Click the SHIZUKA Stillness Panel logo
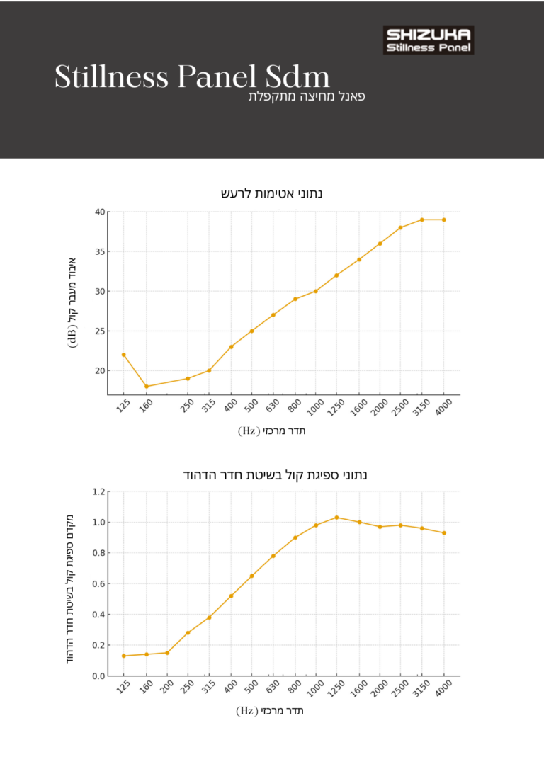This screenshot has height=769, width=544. point(429,40)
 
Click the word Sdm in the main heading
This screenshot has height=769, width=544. point(297,77)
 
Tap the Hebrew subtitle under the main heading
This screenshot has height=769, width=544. point(306,96)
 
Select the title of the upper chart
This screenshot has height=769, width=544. point(272,193)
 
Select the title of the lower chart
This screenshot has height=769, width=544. point(276,474)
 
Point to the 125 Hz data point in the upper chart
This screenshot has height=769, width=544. point(123,355)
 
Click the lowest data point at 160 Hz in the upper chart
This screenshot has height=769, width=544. point(147,387)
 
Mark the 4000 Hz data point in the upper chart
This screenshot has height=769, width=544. point(444,220)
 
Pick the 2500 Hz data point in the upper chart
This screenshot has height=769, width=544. point(400,227)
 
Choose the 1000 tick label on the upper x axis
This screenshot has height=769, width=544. point(315,406)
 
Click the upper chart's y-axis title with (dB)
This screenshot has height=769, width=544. point(73,303)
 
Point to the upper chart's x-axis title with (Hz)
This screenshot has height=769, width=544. point(272,431)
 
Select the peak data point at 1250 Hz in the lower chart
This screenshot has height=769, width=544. point(336,518)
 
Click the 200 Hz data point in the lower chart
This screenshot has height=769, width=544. point(167,653)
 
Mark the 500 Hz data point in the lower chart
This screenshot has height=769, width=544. point(251,576)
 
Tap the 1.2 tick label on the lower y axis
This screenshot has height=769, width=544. point(98,491)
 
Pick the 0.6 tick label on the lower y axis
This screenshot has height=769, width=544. point(98,583)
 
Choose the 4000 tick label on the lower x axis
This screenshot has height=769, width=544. point(443,688)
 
